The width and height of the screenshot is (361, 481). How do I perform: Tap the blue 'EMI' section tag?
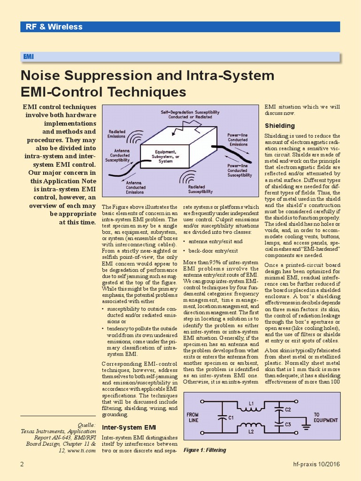(28, 57)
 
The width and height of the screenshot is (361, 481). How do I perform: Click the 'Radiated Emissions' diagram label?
(117, 134)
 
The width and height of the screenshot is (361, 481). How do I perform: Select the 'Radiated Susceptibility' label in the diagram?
(200, 189)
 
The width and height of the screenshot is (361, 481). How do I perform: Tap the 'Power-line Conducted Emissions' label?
(238, 139)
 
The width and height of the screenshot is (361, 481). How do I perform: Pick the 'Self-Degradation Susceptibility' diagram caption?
(190, 115)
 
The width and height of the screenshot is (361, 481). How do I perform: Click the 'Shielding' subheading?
(280, 126)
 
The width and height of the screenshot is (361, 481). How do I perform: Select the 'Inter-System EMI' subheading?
(129, 427)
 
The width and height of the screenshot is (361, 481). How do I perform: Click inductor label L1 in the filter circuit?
(251, 403)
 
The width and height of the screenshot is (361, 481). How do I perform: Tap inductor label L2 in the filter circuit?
(251, 431)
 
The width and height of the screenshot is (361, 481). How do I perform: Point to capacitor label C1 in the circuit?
(231, 418)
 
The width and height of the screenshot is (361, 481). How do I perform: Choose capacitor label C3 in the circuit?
(288, 425)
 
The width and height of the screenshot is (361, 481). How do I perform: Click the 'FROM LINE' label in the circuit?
(193, 418)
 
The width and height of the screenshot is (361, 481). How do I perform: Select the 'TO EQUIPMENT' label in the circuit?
(326, 418)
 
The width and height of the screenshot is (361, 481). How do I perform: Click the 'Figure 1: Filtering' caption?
(204, 450)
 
